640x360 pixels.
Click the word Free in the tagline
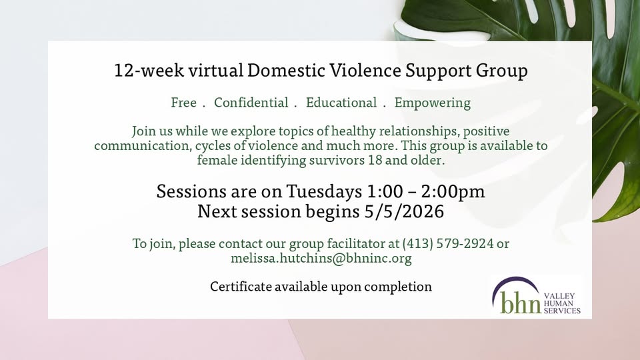click(x=184, y=103)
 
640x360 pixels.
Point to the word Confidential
click(x=251, y=103)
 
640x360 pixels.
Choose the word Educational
click(x=341, y=103)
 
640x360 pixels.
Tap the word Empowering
click(x=432, y=103)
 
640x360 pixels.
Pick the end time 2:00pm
click(x=453, y=191)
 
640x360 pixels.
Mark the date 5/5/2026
click(x=404, y=211)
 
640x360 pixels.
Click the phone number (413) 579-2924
click(x=448, y=243)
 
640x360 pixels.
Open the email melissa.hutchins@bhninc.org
click(x=321, y=258)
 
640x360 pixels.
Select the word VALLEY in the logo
click(x=559, y=296)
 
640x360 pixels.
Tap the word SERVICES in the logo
click(x=562, y=311)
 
